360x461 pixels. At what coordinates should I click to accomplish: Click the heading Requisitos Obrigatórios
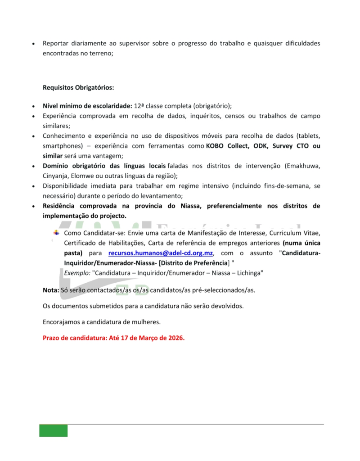pyautogui.click(x=78, y=87)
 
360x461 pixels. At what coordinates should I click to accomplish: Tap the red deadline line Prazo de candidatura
pyautogui.click(x=113, y=338)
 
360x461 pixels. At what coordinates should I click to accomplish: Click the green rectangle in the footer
pyautogui.click(x=53, y=430)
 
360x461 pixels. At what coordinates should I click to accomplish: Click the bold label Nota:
pyautogui.click(x=50, y=290)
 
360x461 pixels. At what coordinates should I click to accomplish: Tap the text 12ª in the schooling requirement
pyautogui.click(x=139, y=106)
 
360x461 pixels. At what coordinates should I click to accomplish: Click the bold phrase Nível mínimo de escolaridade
pyautogui.click(x=87, y=106)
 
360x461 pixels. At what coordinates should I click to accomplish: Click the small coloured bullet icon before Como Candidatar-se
pyautogui.click(x=56, y=233)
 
